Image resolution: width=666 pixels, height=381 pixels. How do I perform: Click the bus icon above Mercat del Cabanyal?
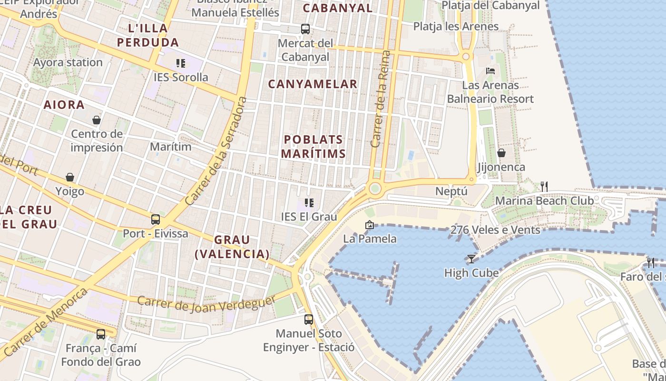point(305,29)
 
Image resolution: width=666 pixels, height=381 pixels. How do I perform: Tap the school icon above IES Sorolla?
point(180,63)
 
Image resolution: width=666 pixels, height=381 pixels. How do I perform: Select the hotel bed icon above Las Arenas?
point(490,71)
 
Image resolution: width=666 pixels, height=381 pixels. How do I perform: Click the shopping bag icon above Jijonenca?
point(501,153)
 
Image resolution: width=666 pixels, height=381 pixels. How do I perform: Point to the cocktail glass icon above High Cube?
point(471,259)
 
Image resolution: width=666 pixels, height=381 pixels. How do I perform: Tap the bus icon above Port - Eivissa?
point(156,220)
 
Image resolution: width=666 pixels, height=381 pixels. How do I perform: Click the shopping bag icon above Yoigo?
point(70,177)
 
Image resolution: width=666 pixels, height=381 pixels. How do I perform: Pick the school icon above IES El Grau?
point(309,203)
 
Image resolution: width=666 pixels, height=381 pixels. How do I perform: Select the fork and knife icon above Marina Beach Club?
point(544,186)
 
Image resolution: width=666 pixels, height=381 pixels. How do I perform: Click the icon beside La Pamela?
point(369,225)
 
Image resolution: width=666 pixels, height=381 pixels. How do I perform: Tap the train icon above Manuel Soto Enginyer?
point(309,319)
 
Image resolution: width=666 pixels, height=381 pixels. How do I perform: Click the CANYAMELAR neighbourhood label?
point(313,84)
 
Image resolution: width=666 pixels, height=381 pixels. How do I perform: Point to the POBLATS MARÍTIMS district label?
point(313,146)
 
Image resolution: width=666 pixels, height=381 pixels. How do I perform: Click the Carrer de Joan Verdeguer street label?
point(206,303)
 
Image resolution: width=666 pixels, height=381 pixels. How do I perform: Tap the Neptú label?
point(451,191)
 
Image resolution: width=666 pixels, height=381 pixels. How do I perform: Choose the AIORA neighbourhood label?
point(64,105)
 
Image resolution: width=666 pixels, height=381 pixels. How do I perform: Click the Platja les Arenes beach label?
point(456,26)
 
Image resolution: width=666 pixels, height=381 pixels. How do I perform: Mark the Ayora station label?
point(68,62)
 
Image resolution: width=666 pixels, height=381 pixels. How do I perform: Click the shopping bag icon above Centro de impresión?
point(97,120)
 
